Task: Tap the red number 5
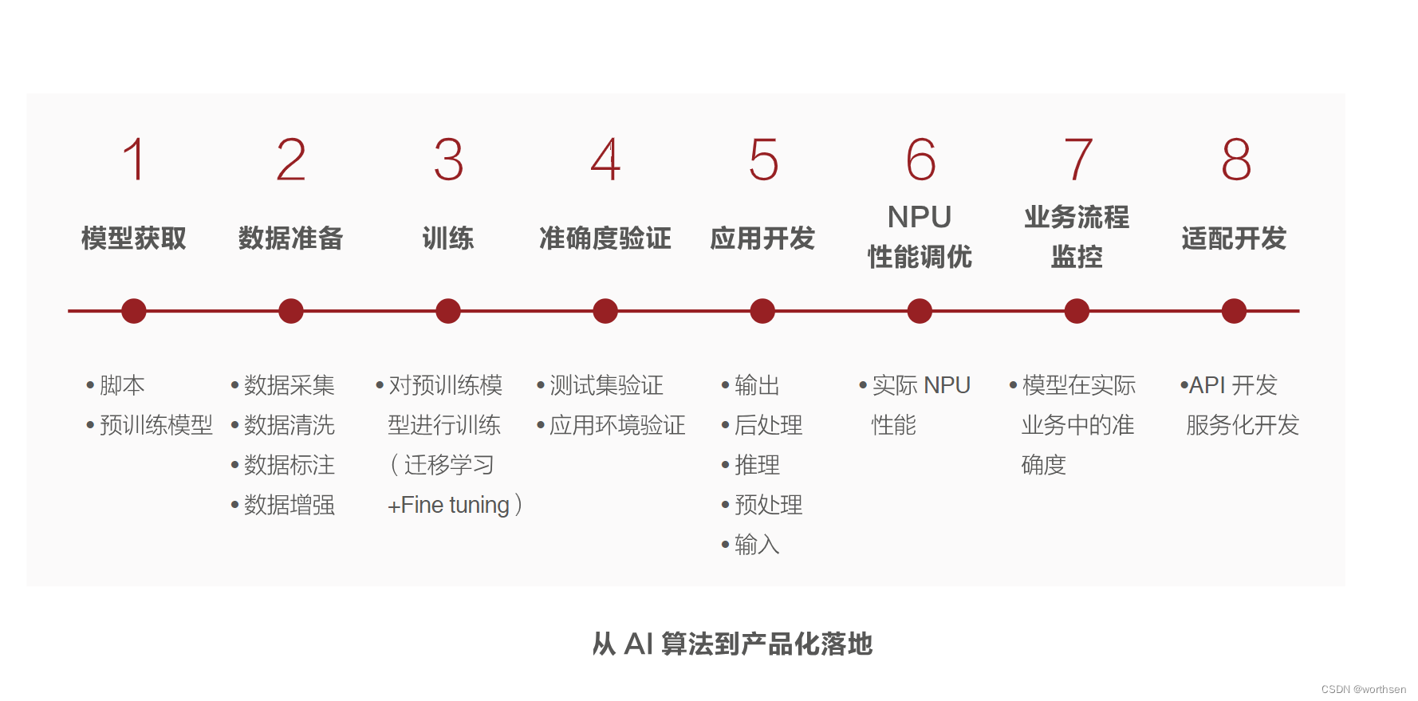tap(763, 159)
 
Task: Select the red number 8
tap(1236, 159)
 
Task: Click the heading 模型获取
tap(134, 238)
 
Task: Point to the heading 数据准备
tap(291, 238)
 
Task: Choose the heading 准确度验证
tap(605, 238)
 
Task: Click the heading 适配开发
tap(1234, 238)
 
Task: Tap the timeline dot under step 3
tap(448, 311)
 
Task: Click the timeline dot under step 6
tap(920, 311)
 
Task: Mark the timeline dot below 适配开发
tap(1234, 311)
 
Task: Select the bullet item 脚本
tap(122, 386)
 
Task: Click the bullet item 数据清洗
tap(290, 426)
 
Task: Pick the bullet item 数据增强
tap(290, 506)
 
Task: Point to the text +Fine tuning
tap(448, 506)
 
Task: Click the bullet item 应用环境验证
tap(617, 426)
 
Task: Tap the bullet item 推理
tap(757, 466)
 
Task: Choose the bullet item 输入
tap(757, 545)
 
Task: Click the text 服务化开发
tap(1243, 426)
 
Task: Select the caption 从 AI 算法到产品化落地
tap(732, 644)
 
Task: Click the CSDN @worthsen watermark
tap(1363, 690)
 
